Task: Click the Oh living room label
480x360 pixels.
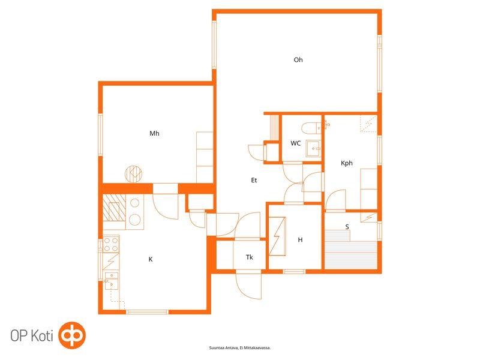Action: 298,59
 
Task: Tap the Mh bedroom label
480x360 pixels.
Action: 154,133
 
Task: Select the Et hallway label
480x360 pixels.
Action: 254,180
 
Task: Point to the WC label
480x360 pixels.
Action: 295,143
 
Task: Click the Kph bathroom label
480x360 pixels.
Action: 347,163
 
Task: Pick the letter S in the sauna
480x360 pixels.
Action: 347,227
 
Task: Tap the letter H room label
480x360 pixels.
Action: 300,239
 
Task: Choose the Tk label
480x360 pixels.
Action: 250,257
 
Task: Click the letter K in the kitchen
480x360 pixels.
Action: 151,259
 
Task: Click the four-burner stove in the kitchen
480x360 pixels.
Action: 111,244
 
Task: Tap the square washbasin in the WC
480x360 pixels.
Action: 313,149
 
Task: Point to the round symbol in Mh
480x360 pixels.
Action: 133,174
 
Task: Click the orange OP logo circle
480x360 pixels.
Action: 72,335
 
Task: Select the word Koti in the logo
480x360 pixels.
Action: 42,336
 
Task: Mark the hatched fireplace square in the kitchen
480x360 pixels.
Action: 114,208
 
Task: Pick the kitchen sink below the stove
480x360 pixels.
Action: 111,281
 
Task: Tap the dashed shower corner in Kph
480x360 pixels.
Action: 368,124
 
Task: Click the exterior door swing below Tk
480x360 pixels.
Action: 248,286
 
